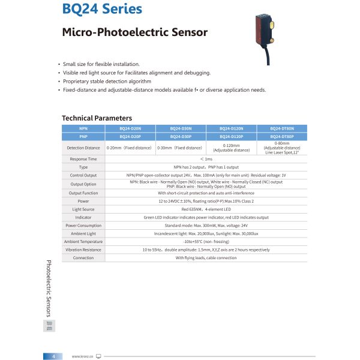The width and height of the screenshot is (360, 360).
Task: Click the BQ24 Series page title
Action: point(102,9)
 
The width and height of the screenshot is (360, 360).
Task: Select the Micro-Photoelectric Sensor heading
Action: point(135,32)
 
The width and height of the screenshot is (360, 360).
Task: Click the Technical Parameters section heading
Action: point(97,118)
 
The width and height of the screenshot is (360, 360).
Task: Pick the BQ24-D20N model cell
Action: point(130,128)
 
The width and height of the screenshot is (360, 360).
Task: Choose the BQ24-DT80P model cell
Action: point(281,136)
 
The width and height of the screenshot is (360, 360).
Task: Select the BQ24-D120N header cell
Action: point(231,128)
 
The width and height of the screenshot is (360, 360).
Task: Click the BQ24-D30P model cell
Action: point(181,136)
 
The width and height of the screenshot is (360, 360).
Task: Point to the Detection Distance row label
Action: point(83,148)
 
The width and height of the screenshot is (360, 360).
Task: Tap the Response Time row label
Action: point(83,159)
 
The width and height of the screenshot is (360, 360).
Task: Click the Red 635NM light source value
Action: point(206,209)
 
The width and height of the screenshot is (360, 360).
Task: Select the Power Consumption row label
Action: point(83,225)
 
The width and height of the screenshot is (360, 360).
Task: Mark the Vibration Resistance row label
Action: point(83,249)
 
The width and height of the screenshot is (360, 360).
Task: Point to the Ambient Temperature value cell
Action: point(206,241)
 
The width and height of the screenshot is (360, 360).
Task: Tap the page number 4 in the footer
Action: point(53,356)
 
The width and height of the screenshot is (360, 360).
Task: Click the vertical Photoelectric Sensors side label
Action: point(49,289)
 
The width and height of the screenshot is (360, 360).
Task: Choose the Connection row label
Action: point(83,257)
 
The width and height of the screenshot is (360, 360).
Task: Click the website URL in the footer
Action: point(80,356)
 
